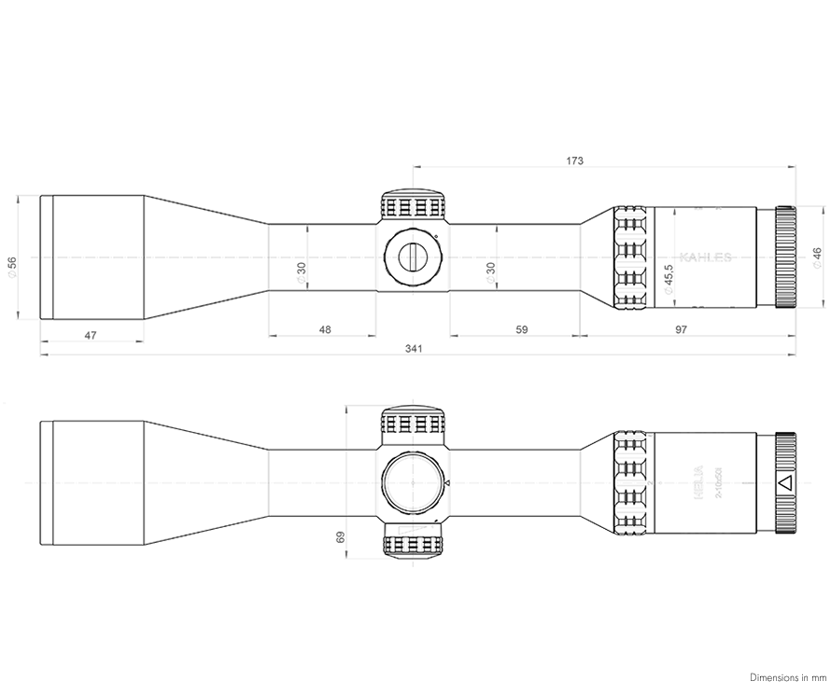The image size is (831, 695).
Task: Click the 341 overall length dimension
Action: pos(414,349)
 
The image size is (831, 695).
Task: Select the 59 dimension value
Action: pos(522,330)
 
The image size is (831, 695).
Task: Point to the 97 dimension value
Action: pos(681,330)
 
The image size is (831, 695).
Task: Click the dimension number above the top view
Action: pos(575,160)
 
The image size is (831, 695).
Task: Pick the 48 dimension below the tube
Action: pos(325,330)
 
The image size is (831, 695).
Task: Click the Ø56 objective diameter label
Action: pos(12,267)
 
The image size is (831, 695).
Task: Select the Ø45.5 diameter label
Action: pos(668,280)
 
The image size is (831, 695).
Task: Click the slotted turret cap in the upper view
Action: pos(412,255)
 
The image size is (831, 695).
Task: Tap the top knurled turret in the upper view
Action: pos(413,204)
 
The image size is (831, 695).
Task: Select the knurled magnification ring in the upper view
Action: pos(631,257)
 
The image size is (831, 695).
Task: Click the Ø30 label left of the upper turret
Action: pos(302,272)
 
